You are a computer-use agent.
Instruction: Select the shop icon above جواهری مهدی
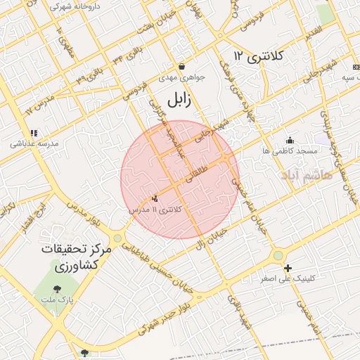[181, 67]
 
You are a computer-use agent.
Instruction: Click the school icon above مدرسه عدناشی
[33, 132]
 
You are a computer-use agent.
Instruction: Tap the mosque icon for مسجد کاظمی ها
[290, 140]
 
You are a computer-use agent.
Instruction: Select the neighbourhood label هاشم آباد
[307, 174]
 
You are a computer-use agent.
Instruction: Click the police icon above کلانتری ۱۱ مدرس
[155, 199]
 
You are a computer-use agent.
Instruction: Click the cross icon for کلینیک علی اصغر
[288, 267]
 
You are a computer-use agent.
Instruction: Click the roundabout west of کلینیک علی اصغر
[279, 255]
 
